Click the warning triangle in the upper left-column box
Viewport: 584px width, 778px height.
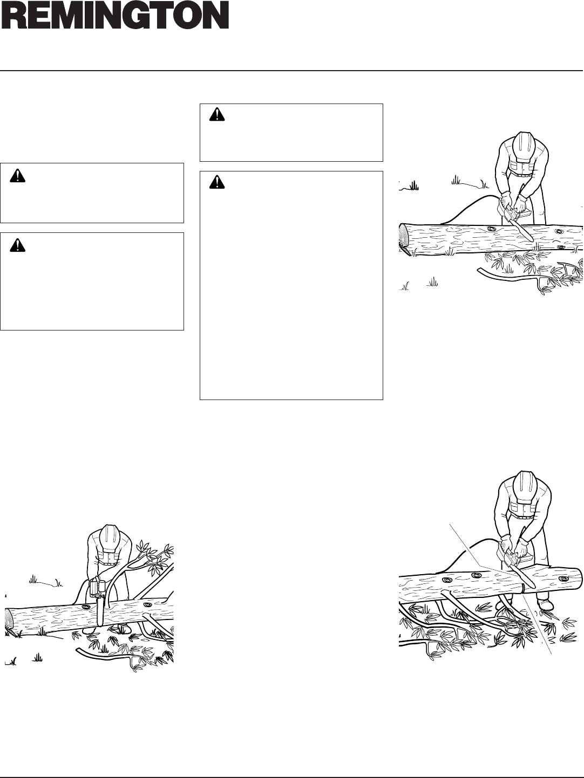[x=17, y=176]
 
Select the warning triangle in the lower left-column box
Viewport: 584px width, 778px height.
[x=17, y=245]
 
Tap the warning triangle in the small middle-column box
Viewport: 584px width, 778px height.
[x=217, y=114]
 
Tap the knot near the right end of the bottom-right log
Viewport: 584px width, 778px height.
[x=562, y=579]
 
